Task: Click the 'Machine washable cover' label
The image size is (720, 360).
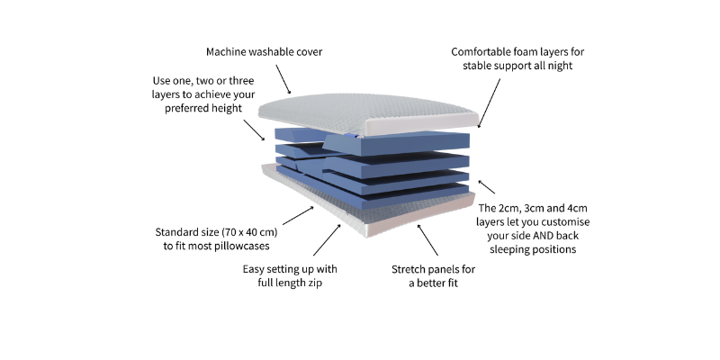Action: coord(264,51)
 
